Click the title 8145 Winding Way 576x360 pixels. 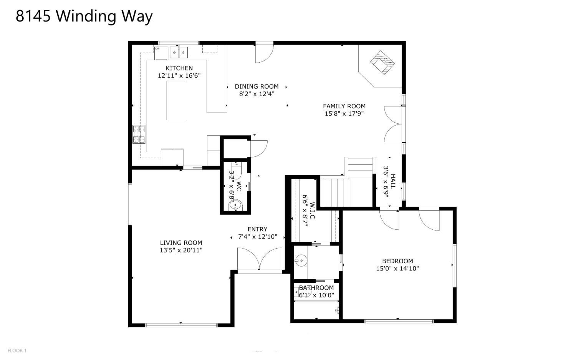tap(84, 16)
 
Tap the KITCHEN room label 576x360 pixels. tap(179, 68)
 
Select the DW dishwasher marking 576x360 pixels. tap(157, 48)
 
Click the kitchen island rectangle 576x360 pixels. tap(175, 100)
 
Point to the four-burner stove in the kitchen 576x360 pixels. tap(139, 134)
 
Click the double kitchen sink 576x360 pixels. tap(179, 53)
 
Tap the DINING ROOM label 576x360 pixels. tap(257, 86)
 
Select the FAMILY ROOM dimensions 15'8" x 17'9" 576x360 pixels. tap(344, 113)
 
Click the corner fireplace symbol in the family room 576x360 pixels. tap(382, 63)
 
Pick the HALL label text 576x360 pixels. tap(393, 181)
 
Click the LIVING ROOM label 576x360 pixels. tap(181, 243)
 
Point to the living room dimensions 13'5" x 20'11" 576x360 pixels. tap(181, 250)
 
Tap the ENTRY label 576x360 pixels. tap(257, 229)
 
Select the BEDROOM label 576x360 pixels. tap(397, 261)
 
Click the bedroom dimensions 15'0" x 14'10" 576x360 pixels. tap(397, 269)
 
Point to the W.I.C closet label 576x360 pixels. tap(312, 211)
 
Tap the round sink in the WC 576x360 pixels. tap(235, 206)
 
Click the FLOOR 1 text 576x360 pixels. tap(17, 350)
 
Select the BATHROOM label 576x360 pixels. tap(316, 288)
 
